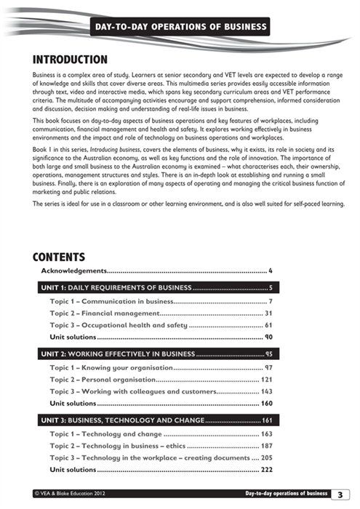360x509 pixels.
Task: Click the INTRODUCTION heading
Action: tap(71, 59)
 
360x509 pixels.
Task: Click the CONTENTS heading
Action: tap(60, 257)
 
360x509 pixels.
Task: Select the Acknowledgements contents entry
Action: tap(73, 271)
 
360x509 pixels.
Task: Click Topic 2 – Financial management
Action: tap(103, 313)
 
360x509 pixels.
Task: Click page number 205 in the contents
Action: tap(266, 457)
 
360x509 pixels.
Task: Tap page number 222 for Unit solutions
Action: tap(266, 470)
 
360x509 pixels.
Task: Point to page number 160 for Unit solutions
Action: tap(266, 404)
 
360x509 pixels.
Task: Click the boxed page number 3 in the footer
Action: tap(340, 494)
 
